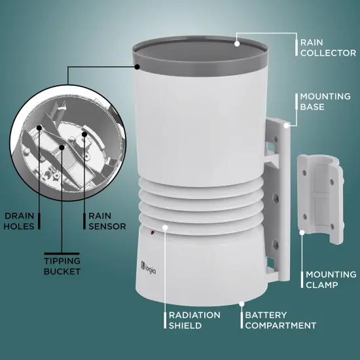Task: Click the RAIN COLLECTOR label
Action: pyautogui.click(x=328, y=48)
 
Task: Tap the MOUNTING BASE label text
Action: pyautogui.click(x=325, y=101)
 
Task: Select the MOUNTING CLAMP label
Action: pyautogui.click(x=331, y=279)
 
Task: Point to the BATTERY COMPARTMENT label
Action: pyautogui.click(x=281, y=320)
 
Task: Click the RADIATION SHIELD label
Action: pyautogui.click(x=194, y=320)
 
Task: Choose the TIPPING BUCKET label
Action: pyautogui.click(x=62, y=266)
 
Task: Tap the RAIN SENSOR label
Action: pyautogui.click(x=107, y=221)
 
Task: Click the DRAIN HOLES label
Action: pyautogui.click(x=19, y=221)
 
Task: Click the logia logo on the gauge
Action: pyautogui.click(x=149, y=268)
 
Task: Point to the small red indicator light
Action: pyautogui.click(x=153, y=233)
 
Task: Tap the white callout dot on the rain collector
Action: pyautogui.click(x=237, y=44)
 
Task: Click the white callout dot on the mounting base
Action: pyautogui.click(x=286, y=126)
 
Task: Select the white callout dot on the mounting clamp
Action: pyautogui.click(x=302, y=232)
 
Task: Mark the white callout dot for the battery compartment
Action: pyautogui.click(x=242, y=304)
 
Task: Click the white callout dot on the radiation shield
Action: pyautogui.click(x=165, y=227)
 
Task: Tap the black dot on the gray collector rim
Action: pyautogui.click(x=137, y=67)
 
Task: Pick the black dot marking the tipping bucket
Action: pyautogui.click(x=62, y=147)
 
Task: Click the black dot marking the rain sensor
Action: pyautogui.click(x=84, y=134)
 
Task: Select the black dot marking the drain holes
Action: pyautogui.click(x=39, y=128)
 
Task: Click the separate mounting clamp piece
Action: pyautogui.click(x=321, y=199)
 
